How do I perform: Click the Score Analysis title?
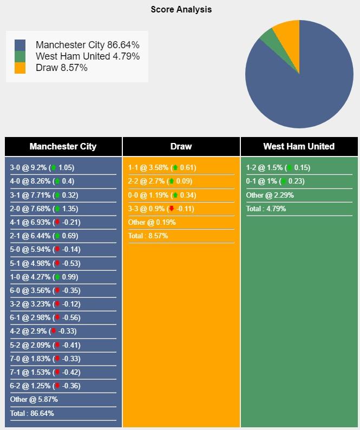tap(181, 9)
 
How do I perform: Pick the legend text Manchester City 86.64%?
tap(88, 45)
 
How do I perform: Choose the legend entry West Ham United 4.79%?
tap(88, 56)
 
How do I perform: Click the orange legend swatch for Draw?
tap(20, 68)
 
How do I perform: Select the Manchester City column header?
tap(63, 146)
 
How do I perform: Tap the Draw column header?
tap(181, 146)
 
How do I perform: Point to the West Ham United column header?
tap(299, 146)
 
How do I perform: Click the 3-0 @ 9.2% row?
tap(42, 167)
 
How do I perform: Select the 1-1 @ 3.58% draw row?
tap(162, 167)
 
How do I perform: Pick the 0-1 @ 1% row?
tap(275, 181)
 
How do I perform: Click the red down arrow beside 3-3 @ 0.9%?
tap(172, 209)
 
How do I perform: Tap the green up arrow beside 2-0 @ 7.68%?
tap(57, 209)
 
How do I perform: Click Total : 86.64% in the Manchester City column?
tap(32, 413)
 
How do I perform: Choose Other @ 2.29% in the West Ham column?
tap(270, 195)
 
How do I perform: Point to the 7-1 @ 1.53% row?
tap(45, 372)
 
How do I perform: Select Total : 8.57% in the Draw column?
tap(148, 236)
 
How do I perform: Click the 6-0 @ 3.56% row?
tap(45, 290)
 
